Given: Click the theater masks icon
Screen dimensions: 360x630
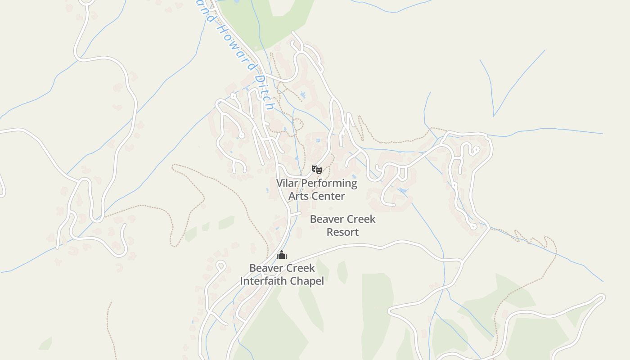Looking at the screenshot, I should (317, 170).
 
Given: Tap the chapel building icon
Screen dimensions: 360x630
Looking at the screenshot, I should (282, 255).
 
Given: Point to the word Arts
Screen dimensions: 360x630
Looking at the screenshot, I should (299, 196).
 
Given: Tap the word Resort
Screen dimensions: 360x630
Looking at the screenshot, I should (342, 232).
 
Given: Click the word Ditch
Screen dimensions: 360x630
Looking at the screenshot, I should (264, 92).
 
